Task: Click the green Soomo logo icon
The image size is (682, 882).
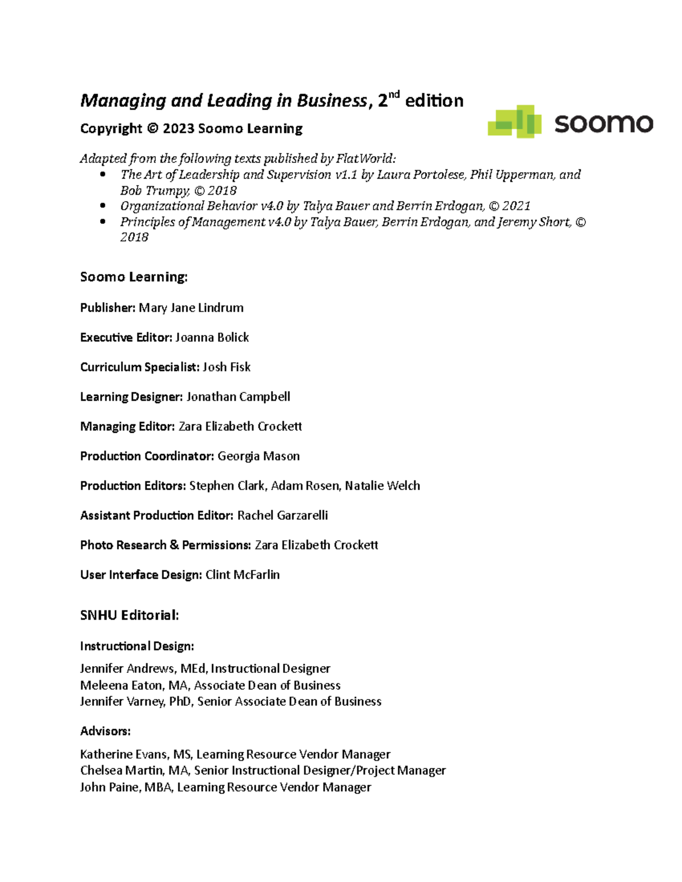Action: pyautogui.click(x=514, y=121)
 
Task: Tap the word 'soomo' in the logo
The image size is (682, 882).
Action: pyautogui.click(x=604, y=123)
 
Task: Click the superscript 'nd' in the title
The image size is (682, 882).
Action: pyautogui.click(x=395, y=95)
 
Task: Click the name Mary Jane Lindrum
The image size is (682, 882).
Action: pyautogui.click(x=191, y=308)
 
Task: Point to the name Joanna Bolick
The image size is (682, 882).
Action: pyautogui.click(x=212, y=337)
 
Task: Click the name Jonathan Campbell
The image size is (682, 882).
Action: pyautogui.click(x=238, y=396)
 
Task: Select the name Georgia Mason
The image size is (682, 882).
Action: pyautogui.click(x=259, y=456)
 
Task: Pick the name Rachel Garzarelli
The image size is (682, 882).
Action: pyautogui.click(x=282, y=515)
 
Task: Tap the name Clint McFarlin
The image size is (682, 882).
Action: pyautogui.click(x=243, y=575)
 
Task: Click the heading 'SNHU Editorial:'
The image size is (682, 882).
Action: pyautogui.click(x=130, y=615)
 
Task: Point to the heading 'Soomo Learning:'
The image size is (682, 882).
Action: pyautogui.click(x=134, y=277)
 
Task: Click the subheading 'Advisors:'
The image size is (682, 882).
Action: pyautogui.click(x=105, y=731)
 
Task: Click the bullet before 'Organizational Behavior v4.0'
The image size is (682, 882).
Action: pyautogui.click(x=103, y=206)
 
